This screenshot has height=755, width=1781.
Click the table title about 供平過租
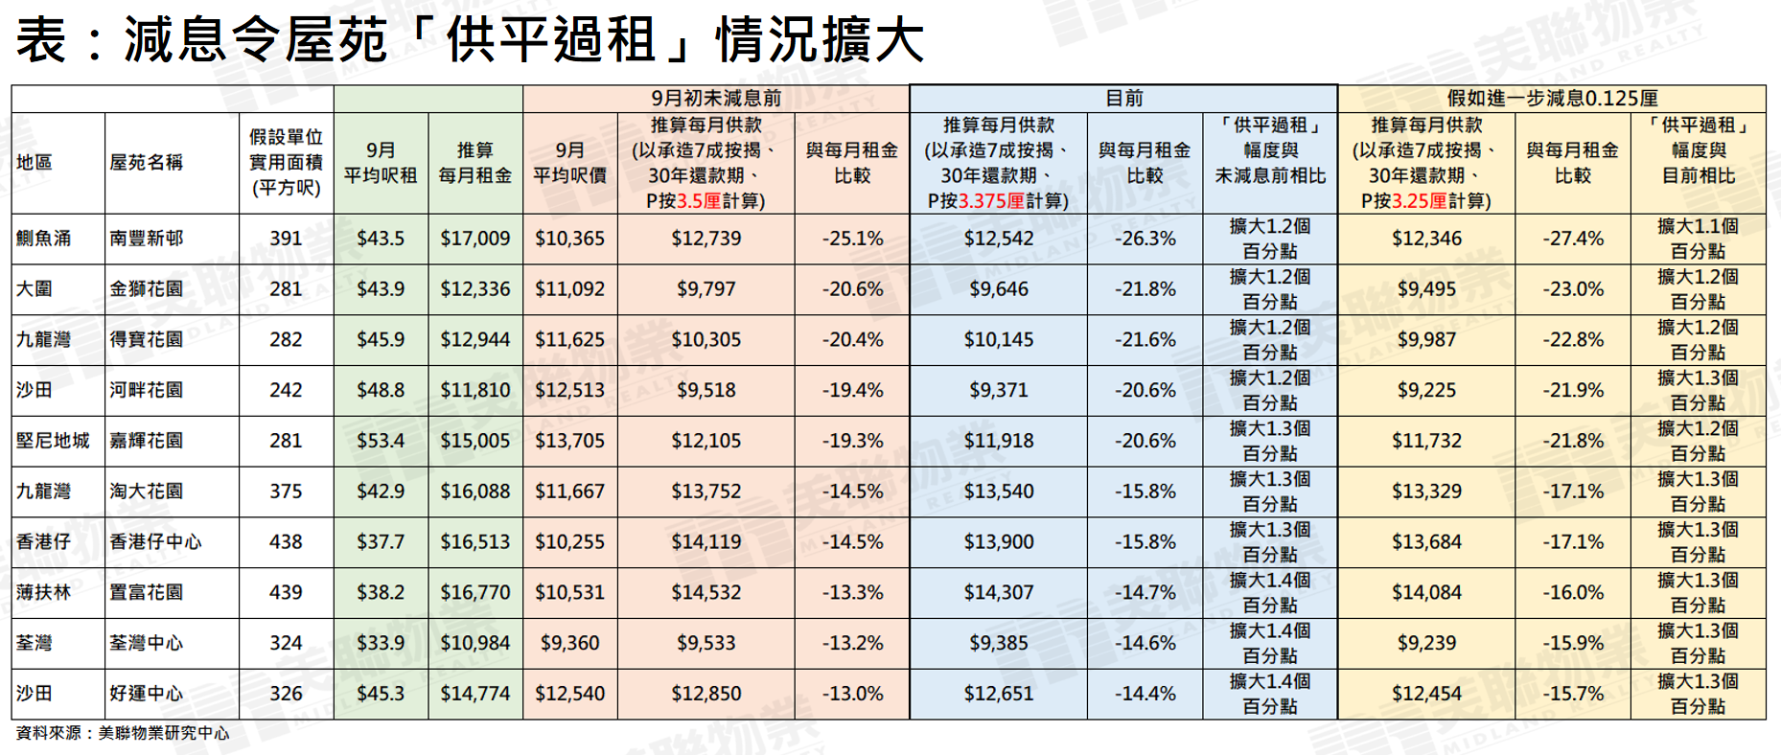pyautogui.click(x=470, y=40)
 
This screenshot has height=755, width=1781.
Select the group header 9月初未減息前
pyautogui.click(x=715, y=99)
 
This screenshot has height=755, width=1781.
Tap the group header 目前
pyautogui.click(x=1123, y=99)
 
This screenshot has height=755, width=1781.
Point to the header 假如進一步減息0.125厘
pyautogui.click(x=1552, y=99)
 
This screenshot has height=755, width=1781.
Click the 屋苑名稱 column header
pyautogui.click(x=146, y=163)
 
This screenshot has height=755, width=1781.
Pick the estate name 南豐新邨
pyautogui.click(x=146, y=239)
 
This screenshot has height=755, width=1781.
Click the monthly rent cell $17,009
pyautogui.click(x=474, y=239)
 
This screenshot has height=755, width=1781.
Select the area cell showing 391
pyautogui.click(x=286, y=239)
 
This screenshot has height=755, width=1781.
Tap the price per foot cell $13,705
pyautogui.click(x=569, y=441)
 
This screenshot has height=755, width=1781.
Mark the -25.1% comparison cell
pyautogui.click(x=851, y=239)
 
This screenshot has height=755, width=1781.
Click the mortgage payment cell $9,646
pyautogui.click(x=998, y=289)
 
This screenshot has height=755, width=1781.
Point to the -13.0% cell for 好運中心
pyautogui.click(x=851, y=694)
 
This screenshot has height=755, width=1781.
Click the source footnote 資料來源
pyautogui.click(x=123, y=733)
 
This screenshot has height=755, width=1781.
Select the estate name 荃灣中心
pyautogui.click(x=146, y=643)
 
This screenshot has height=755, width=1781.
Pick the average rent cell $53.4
pyautogui.click(x=381, y=441)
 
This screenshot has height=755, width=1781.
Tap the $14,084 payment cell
pyautogui.click(x=1426, y=593)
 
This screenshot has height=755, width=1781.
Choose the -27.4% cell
pyautogui.click(x=1572, y=239)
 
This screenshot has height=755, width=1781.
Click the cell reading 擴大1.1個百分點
pyautogui.click(x=1697, y=239)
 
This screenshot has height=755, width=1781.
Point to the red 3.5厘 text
pyautogui.click(x=699, y=201)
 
